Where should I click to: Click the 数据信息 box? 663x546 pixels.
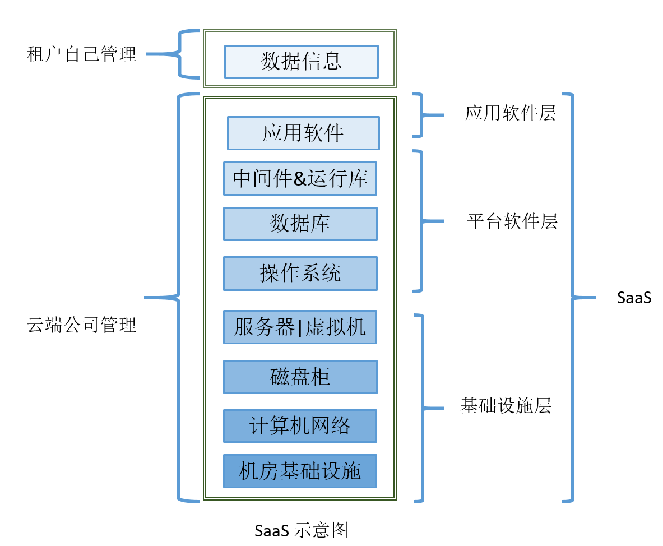(x=301, y=62)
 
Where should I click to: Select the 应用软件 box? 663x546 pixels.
(x=303, y=133)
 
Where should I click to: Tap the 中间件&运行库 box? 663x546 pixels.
(x=300, y=178)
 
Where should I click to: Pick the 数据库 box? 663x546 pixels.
(x=300, y=224)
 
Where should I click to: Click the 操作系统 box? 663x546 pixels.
(x=300, y=274)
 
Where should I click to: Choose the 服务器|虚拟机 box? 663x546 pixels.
(x=300, y=327)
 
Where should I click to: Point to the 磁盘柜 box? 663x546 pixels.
(x=300, y=377)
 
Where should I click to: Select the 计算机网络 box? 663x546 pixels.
(x=300, y=426)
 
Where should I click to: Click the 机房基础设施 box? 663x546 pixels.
(x=300, y=471)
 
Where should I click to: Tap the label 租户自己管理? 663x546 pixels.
(x=82, y=54)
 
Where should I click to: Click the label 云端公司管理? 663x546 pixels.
(x=82, y=325)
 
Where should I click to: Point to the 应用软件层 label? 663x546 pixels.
(x=510, y=114)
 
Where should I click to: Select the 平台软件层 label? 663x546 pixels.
(x=512, y=221)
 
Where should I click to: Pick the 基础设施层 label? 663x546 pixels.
(x=506, y=405)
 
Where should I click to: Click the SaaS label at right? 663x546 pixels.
(x=634, y=298)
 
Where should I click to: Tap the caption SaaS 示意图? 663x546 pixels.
(x=301, y=530)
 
